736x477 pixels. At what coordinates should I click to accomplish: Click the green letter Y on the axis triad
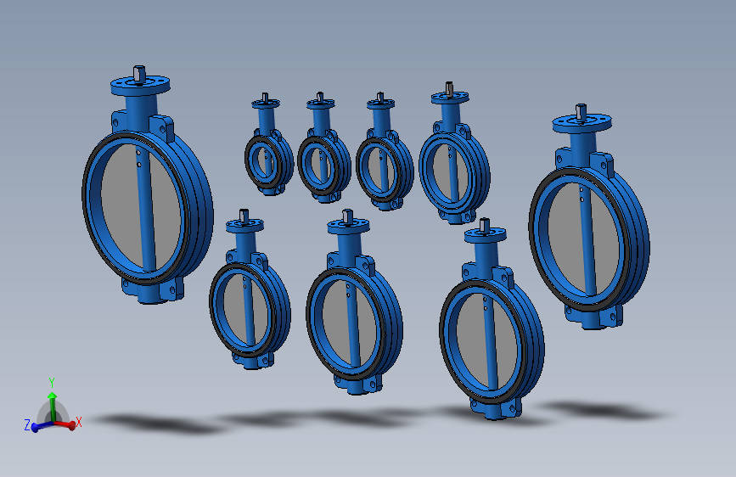[52, 382]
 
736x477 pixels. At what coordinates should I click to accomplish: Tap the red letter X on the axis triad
[78, 422]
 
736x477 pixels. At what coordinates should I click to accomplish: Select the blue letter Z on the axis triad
[27, 425]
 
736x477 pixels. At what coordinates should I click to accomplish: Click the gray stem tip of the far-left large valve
[139, 75]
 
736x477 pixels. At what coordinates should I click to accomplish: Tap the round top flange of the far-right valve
[582, 124]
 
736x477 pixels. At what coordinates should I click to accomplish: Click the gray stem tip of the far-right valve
[581, 113]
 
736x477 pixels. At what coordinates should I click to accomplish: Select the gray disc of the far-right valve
[583, 239]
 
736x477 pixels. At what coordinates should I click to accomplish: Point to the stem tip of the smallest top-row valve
[265, 98]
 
